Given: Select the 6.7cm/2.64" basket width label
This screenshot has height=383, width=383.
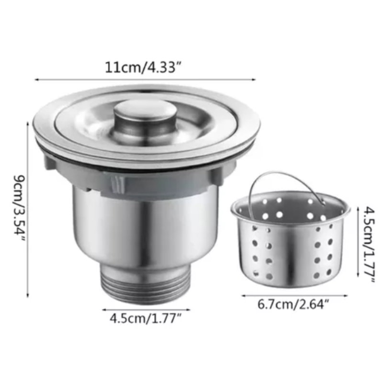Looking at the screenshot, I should (294, 305).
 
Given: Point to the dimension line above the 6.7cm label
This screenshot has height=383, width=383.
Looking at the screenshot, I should (294, 295).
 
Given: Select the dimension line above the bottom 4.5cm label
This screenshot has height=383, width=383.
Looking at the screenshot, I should (146, 310).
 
